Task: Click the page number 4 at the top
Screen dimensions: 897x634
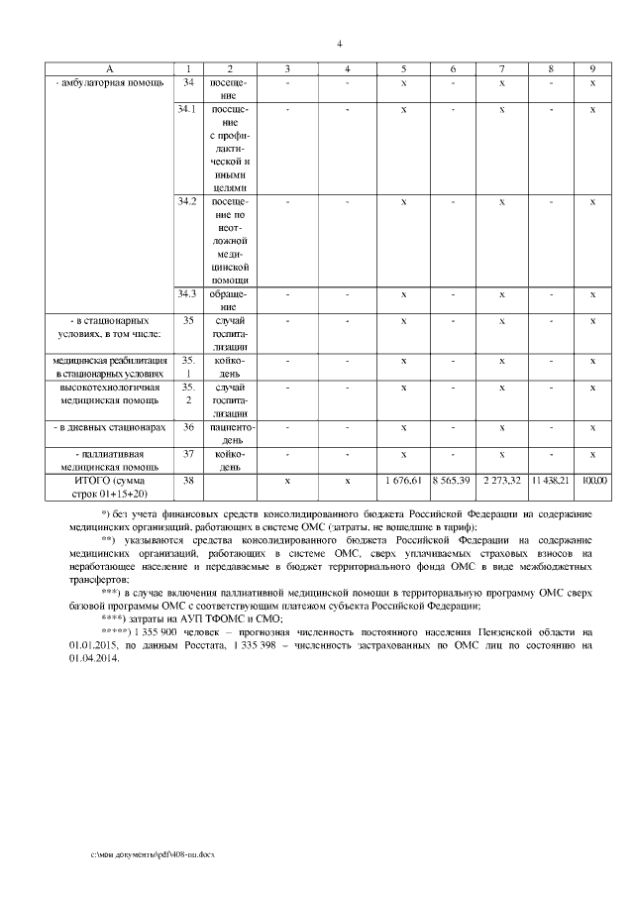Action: [x=339, y=43]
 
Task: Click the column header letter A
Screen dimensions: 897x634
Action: [x=110, y=67]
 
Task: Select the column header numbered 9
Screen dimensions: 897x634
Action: [x=592, y=67]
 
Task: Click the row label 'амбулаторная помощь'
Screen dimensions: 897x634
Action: [x=107, y=81]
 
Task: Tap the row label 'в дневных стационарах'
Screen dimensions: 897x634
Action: [x=109, y=427]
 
